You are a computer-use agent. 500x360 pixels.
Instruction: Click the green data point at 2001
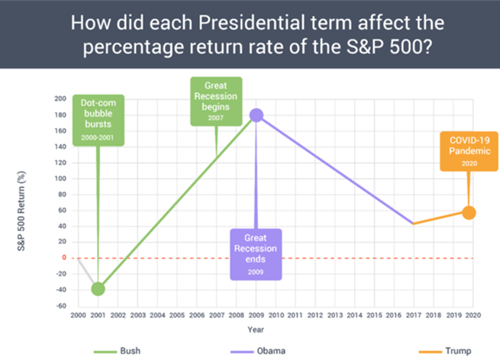[98, 288]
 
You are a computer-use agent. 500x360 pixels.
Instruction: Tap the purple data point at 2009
[256, 115]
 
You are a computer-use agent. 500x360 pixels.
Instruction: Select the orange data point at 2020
[469, 213]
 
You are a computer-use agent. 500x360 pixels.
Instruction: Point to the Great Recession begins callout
[215, 102]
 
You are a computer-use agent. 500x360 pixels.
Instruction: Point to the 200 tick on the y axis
[59, 99]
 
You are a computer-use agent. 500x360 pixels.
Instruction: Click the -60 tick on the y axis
[59, 305]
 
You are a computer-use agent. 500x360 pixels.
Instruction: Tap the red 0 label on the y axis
[63, 258]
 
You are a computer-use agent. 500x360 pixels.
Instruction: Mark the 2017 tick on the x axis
[413, 314]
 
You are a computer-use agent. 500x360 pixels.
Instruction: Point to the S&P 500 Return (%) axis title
[34, 201]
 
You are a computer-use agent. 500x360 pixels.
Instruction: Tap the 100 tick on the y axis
[59, 178]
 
